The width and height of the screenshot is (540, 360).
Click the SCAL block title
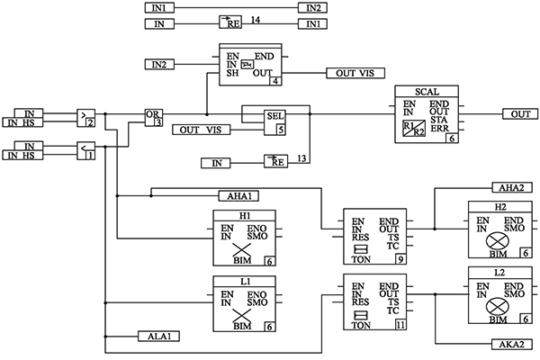click(x=427, y=92)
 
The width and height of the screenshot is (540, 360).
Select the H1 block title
click(x=244, y=215)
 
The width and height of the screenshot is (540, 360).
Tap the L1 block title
click(x=244, y=282)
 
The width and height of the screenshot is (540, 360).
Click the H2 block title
click(x=499, y=206)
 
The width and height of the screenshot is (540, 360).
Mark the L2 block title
click(x=499, y=272)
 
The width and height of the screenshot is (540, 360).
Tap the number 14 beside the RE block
click(x=255, y=18)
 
